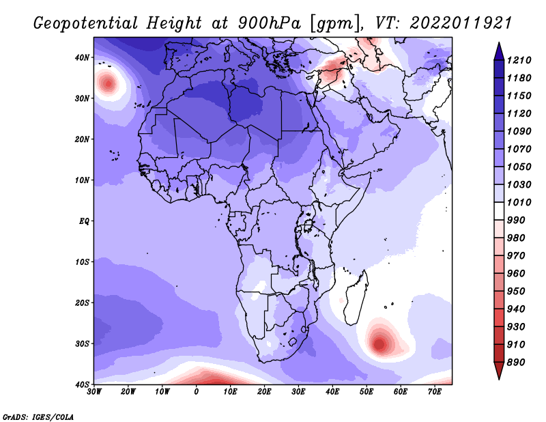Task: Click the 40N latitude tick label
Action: click(x=82, y=57)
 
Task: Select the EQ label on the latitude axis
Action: click(x=84, y=221)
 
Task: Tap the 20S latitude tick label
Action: click(x=82, y=303)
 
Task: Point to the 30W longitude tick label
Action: click(x=94, y=392)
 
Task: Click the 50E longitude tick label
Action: click(x=367, y=392)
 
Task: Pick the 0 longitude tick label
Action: click(x=197, y=392)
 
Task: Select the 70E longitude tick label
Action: click(x=434, y=392)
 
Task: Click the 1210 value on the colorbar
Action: click(x=519, y=60)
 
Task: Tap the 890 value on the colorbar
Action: click(x=516, y=363)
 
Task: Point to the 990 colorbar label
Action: click(x=516, y=221)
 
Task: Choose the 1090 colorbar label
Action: click(x=519, y=131)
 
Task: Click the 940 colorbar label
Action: click(x=516, y=309)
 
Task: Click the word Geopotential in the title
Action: click(x=85, y=23)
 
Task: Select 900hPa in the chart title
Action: click(x=269, y=23)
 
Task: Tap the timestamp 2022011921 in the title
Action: click(x=460, y=23)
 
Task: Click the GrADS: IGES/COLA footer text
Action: click(x=38, y=417)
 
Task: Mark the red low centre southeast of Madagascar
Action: click(x=379, y=344)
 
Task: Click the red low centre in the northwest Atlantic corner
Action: click(x=109, y=83)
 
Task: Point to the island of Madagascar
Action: click(x=356, y=297)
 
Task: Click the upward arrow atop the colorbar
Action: click(x=499, y=51)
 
